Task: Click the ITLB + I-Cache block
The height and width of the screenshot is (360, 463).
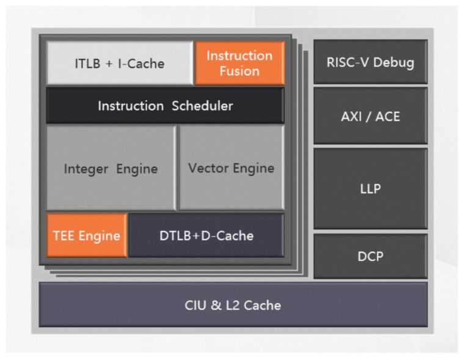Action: [120, 63]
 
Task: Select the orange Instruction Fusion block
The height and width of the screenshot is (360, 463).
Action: [239, 63]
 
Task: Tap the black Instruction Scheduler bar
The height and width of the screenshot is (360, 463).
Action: [165, 106]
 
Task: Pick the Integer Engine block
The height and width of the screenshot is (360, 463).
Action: [111, 168]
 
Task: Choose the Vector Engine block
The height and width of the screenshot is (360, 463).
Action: [231, 168]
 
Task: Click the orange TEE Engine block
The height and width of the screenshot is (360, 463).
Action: [86, 236]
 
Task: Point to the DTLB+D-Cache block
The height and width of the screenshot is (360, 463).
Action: [206, 236]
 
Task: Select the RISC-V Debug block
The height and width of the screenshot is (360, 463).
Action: [370, 62]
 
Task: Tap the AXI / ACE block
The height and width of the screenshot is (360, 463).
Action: [370, 116]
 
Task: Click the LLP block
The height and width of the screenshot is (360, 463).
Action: [370, 188]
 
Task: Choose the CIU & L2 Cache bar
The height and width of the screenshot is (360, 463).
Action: [233, 304]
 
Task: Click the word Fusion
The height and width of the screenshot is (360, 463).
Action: [239, 71]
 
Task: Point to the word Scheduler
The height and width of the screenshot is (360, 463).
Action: [202, 106]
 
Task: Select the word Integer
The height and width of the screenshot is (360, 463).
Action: [86, 169]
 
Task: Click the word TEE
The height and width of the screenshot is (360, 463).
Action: [64, 236]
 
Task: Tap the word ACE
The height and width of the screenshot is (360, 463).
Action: [387, 116]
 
